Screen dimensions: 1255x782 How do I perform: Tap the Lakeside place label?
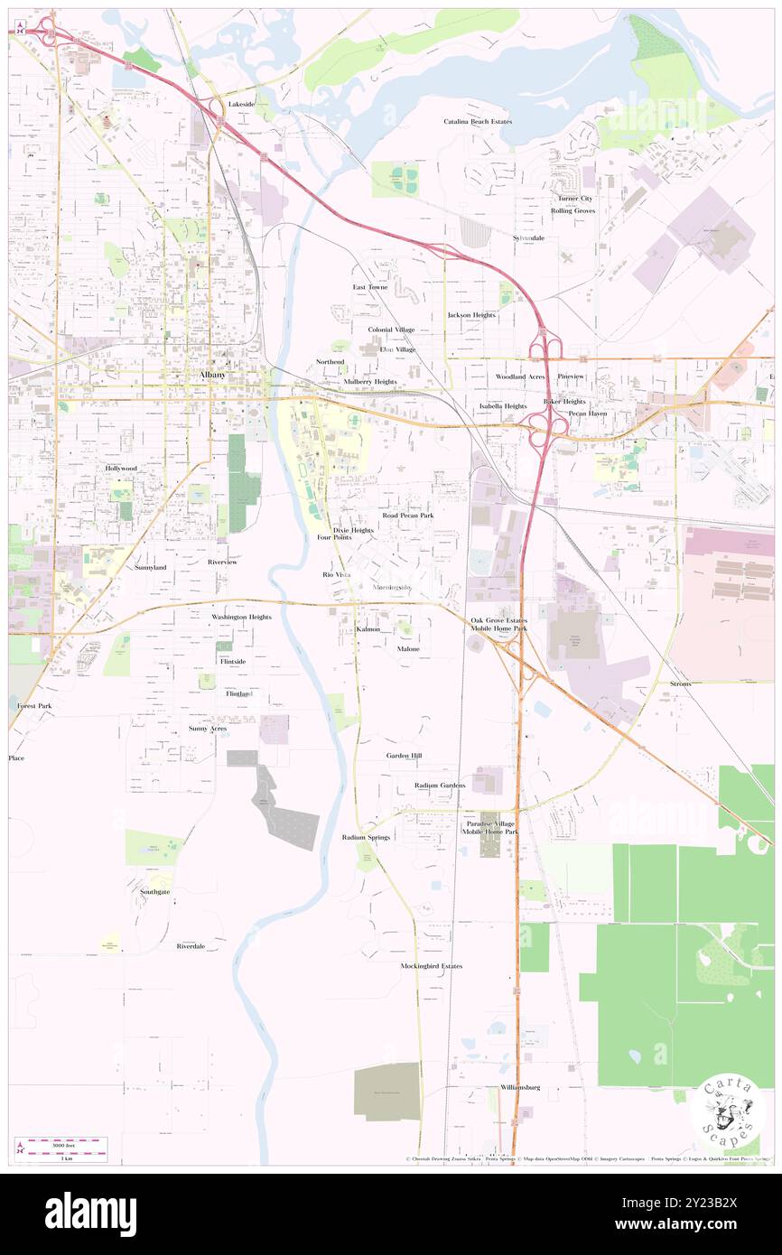click(x=241, y=105)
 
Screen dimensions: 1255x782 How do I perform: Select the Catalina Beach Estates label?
click(x=478, y=121)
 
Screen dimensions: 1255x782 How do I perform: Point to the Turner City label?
click(x=573, y=199)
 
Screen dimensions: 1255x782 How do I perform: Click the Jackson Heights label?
click(x=471, y=315)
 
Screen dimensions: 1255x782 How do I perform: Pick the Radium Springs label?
click(x=366, y=838)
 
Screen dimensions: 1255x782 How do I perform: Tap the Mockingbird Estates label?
click(x=431, y=966)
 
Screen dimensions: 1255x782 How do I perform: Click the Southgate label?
click(x=154, y=892)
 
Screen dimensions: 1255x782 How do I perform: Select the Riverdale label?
click(x=191, y=946)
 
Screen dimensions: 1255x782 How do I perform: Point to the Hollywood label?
click(x=120, y=469)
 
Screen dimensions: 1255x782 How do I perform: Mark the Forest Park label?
click(x=33, y=705)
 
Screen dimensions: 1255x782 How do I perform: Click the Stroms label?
click(x=681, y=684)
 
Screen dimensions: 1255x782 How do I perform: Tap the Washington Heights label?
click(x=241, y=617)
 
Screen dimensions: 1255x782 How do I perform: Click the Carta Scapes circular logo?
click(x=727, y=1113)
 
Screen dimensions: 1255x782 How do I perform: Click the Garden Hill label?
click(x=404, y=755)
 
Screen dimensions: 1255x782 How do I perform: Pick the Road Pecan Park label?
click(x=407, y=516)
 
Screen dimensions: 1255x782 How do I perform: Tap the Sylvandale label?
click(x=529, y=237)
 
